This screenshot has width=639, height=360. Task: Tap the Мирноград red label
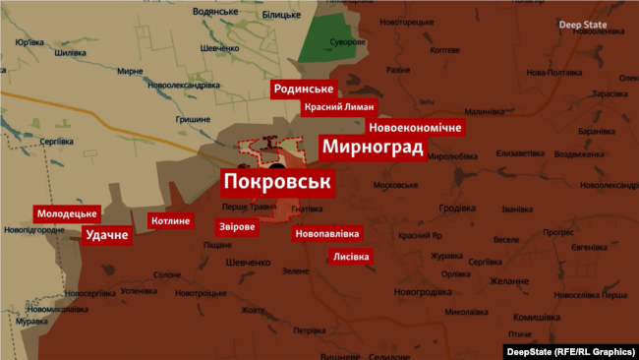[372, 149]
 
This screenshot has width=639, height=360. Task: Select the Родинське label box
[305, 90]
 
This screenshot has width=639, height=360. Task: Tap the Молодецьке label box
[67, 213]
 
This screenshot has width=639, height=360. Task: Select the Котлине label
[171, 220]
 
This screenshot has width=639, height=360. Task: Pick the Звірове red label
[237, 226]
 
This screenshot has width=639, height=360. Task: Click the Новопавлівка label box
[327, 234]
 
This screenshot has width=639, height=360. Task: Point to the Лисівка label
[351, 256]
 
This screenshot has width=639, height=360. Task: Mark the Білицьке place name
[281, 15]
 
